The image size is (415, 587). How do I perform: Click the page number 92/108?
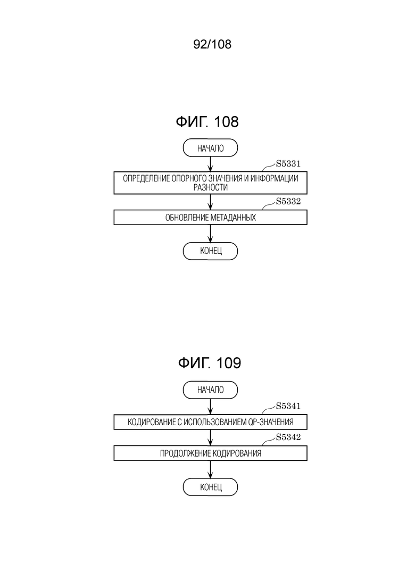click(212, 44)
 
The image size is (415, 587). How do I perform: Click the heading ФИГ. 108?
click(207, 122)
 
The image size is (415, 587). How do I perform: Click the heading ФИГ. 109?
click(210, 363)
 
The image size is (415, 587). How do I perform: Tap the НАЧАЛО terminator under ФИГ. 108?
click(210, 148)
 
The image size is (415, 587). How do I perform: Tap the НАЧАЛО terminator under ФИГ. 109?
click(210, 390)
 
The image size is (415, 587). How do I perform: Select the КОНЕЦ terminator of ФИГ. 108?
click(210, 251)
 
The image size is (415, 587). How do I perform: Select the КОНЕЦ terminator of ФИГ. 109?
click(210, 487)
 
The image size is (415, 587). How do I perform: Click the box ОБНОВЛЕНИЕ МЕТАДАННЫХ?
click(210, 218)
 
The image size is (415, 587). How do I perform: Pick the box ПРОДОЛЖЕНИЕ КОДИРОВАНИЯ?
click(210, 453)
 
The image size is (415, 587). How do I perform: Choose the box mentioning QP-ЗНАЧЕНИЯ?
click(210, 422)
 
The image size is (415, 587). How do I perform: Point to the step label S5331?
click(288, 163)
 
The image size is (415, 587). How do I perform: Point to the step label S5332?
click(288, 201)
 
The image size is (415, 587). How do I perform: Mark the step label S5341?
click(288, 406)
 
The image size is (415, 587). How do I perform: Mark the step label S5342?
click(288, 437)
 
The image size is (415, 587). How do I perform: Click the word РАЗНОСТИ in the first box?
click(210, 187)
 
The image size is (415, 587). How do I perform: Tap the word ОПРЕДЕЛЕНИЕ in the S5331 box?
click(146, 178)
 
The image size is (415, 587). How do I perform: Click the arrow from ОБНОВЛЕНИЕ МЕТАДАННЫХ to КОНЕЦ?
click(210, 234)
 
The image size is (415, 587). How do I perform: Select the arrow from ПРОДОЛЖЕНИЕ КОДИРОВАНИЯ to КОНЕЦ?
click(210, 469)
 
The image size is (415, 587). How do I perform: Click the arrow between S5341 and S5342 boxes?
click(210, 437)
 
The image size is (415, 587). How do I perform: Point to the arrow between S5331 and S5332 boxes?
click(210, 202)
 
